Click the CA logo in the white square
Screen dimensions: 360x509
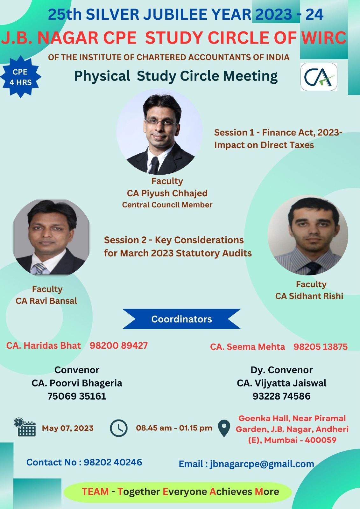[x=319, y=77]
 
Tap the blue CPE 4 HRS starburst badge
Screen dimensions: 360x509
[x=20, y=77]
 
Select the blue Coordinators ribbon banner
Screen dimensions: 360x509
[x=181, y=319]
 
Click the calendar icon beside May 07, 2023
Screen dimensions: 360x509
[x=25, y=428]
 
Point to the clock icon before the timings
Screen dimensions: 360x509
[x=118, y=428]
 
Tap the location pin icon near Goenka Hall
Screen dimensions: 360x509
[x=224, y=428]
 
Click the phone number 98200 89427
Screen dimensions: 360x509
[x=119, y=345]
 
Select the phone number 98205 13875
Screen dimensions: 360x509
[x=321, y=347]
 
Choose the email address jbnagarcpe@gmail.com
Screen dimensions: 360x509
[x=262, y=464]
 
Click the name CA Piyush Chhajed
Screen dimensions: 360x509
[x=167, y=193]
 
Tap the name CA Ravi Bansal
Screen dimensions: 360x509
[x=46, y=301]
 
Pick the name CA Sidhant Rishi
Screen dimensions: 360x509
[x=309, y=296]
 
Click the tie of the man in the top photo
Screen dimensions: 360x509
[x=154, y=165]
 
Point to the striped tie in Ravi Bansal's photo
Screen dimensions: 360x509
[x=39, y=268]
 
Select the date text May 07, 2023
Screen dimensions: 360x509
[x=68, y=428]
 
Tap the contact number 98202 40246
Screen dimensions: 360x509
[x=113, y=462]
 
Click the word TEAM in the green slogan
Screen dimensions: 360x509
[x=95, y=492]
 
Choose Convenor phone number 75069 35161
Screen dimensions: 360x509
[x=77, y=396]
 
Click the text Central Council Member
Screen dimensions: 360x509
[x=167, y=205]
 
